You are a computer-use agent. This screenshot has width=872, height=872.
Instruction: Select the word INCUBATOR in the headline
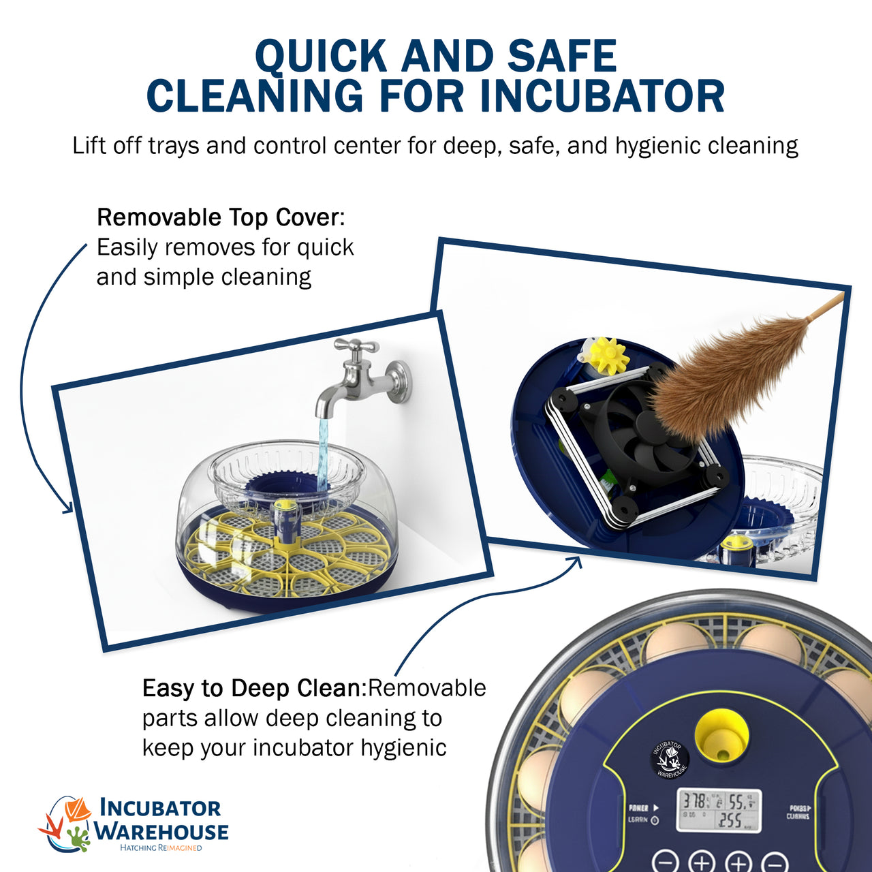602,96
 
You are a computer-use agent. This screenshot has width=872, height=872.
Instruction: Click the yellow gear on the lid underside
608,356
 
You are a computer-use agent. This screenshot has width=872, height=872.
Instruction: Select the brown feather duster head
722,378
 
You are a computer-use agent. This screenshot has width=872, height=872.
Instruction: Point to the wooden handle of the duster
826,307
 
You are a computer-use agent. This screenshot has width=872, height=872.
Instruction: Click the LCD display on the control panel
719,811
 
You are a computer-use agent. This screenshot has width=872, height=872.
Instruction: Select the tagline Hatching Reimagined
161,847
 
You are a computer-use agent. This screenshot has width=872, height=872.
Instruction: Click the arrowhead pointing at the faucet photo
67,508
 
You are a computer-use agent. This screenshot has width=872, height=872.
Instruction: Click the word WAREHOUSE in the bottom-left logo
161,832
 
